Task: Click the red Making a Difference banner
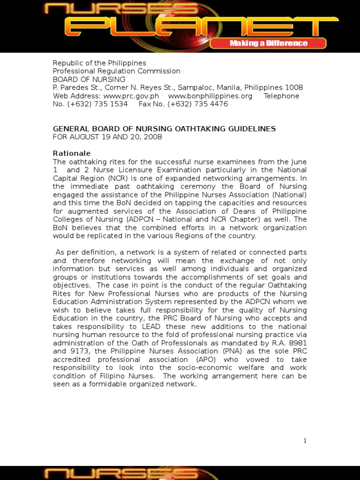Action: (268, 44)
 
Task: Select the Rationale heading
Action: (72, 153)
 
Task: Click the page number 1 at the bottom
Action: (305, 440)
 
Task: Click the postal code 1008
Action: (294, 88)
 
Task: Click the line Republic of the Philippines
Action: (99, 63)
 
